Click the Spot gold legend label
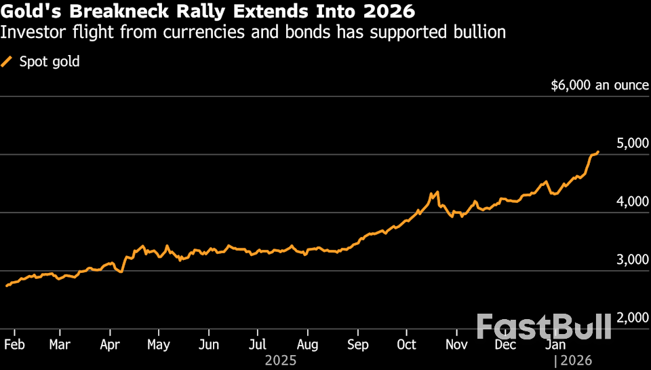pyautogui.click(x=50, y=62)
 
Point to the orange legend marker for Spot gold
pyautogui.click(x=7, y=62)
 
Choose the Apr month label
pyautogui.click(x=110, y=344)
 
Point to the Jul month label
pyautogui.click(x=257, y=344)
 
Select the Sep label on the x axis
pyautogui.click(x=358, y=344)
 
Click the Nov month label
pyautogui.click(x=457, y=344)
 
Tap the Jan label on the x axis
pyautogui.click(x=555, y=344)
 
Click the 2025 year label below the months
pyautogui.click(x=281, y=360)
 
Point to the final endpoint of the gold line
pyautogui.click(x=598, y=151)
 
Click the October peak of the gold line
pyautogui.click(x=438, y=192)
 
